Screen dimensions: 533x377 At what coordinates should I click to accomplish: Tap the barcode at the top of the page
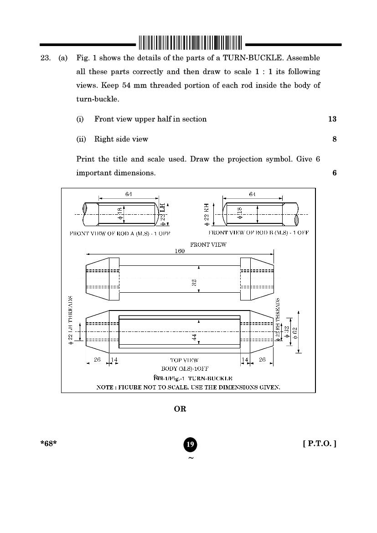190,42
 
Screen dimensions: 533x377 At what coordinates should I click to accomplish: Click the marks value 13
332,119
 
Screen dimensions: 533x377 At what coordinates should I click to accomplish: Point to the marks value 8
334,139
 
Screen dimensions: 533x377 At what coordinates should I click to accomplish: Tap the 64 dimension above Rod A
129,194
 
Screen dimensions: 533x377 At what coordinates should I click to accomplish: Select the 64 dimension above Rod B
253,194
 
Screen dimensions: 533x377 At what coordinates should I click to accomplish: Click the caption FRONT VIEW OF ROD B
258,233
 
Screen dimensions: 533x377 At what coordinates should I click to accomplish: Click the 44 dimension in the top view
194,337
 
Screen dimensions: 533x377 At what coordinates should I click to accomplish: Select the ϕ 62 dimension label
295,331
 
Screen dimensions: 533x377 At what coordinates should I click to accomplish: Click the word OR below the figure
180,409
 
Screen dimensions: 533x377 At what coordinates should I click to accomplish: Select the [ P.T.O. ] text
320,444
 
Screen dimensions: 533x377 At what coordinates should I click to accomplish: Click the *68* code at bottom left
48,444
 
